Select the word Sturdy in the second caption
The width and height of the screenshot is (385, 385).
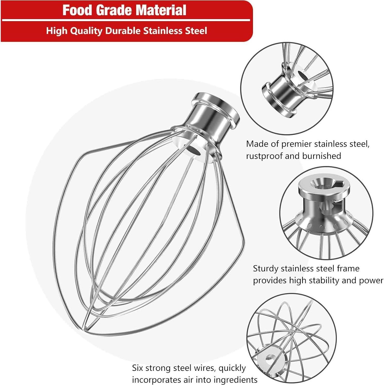click(265, 269)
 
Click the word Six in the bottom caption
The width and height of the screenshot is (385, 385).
click(138, 368)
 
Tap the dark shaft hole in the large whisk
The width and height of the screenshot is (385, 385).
click(193, 151)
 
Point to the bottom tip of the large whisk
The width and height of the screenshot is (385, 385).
click(84, 328)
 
